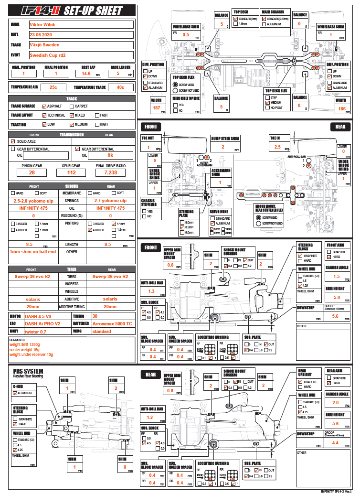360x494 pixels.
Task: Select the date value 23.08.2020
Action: pyautogui.click(x=42, y=34)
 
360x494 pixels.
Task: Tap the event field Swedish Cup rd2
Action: pyautogui.click(x=47, y=55)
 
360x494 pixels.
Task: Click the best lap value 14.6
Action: pyautogui.click(x=86, y=74)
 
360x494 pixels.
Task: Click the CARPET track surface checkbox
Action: pyautogui.click(x=72, y=106)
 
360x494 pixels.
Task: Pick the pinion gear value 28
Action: pyautogui.click(x=32, y=172)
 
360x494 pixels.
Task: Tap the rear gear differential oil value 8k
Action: pyautogui.click(x=110, y=155)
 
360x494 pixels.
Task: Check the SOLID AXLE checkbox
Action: pyautogui.click(x=13, y=142)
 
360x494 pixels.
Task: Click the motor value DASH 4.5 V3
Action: pyautogui.click(x=39, y=316)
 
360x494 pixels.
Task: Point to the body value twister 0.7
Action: pyautogui.click(x=36, y=331)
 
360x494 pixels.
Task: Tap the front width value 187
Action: pyautogui.click(x=156, y=108)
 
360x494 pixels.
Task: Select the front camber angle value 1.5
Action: pyautogui.click(x=336, y=276)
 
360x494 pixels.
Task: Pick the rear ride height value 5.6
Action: pyautogui.click(x=336, y=423)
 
